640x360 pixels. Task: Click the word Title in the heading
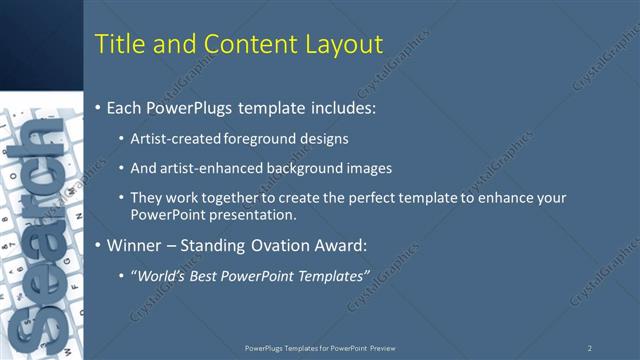(x=119, y=44)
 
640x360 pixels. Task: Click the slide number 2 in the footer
(x=590, y=348)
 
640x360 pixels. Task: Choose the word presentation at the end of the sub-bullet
(x=254, y=214)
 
